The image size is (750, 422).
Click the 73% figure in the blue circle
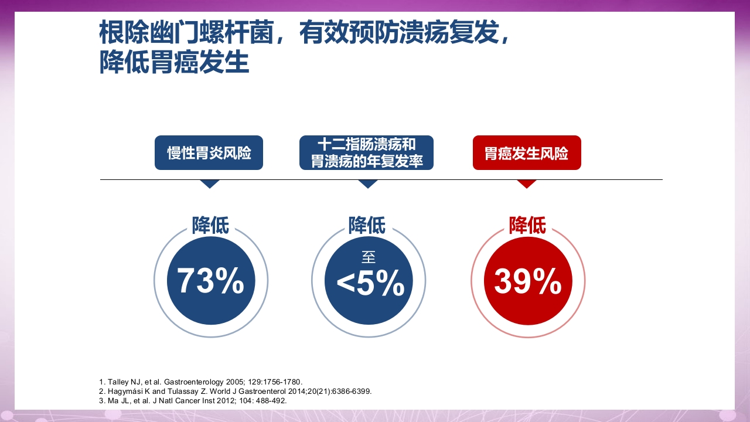pyautogui.click(x=211, y=281)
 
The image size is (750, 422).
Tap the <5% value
pyautogui.click(x=370, y=284)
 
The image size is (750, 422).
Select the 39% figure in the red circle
pyautogui.click(x=528, y=281)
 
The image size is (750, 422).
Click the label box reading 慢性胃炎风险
pyautogui.click(x=209, y=153)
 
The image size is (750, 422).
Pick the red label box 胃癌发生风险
pyautogui.click(x=527, y=153)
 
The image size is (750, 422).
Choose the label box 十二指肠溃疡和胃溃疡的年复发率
pyautogui.click(x=366, y=153)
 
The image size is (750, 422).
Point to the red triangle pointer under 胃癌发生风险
pyautogui.click(x=527, y=183)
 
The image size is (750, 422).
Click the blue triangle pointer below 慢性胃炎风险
pyautogui.click(x=209, y=183)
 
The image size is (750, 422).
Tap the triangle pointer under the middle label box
pyautogui.click(x=367, y=183)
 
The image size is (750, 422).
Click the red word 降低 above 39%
pyautogui.click(x=527, y=225)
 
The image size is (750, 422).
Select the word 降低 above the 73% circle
pyautogui.click(x=210, y=225)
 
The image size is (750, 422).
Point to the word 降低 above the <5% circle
pyautogui.click(x=367, y=225)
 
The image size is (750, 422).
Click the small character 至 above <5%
pyautogui.click(x=368, y=257)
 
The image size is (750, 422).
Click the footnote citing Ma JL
pyautogui.click(x=193, y=400)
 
